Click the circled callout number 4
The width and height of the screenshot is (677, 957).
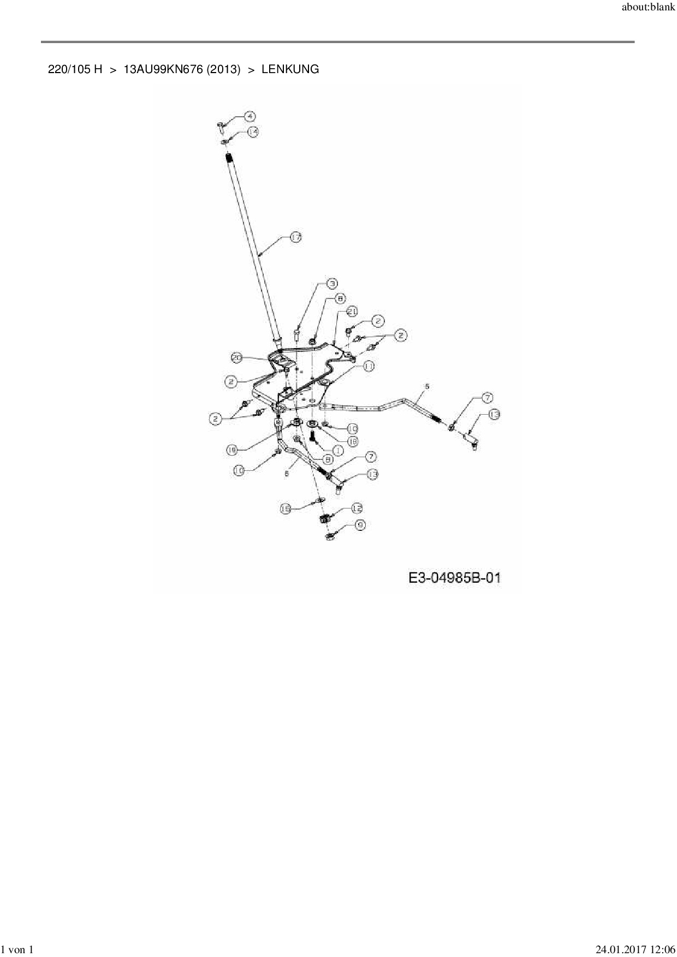pyautogui.click(x=249, y=116)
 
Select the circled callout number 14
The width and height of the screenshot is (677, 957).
pyautogui.click(x=252, y=132)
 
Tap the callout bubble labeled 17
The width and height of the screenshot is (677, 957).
pyautogui.click(x=295, y=237)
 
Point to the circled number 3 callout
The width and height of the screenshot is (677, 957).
pyautogui.click(x=332, y=283)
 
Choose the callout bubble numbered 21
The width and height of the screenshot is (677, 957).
pyautogui.click(x=352, y=311)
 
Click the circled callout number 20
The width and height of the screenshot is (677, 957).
pyautogui.click(x=236, y=358)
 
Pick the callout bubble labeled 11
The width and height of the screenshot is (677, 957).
pyautogui.click(x=369, y=367)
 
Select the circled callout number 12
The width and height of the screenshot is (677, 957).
pyautogui.click(x=357, y=508)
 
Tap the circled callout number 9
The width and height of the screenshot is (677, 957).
pyautogui.click(x=360, y=525)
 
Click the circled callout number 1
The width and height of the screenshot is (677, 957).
pyautogui.click(x=337, y=451)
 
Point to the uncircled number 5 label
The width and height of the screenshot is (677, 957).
pyautogui.click(x=427, y=386)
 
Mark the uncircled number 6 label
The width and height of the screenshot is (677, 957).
pyautogui.click(x=287, y=474)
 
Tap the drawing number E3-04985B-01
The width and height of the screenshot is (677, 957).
pyautogui.click(x=454, y=578)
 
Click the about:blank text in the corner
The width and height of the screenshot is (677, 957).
pyautogui.click(x=648, y=9)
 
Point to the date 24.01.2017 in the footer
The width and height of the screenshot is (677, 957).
pyautogui.click(x=617, y=950)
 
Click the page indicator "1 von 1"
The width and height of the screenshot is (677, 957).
pyautogui.click(x=17, y=950)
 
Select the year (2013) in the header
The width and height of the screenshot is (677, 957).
pyautogui.click(x=223, y=69)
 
